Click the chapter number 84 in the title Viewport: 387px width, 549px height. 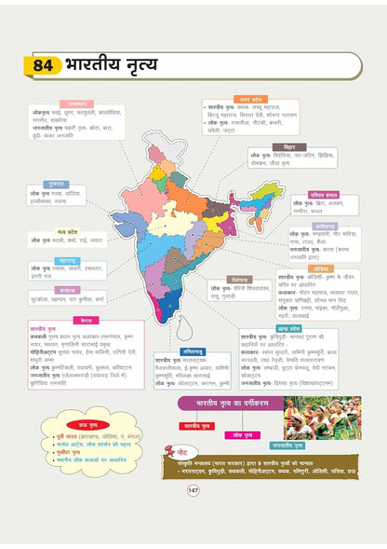pyautogui.click(x=44, y=66)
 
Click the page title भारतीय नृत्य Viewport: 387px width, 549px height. pyautogui.click(x=112, y=66)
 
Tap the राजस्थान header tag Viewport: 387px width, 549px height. pyautogui.click(x=75, y=103)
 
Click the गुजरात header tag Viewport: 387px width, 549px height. pyautogui.click(x=56, y=185)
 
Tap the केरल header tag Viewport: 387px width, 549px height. pyautogui.click(x=89, y=319)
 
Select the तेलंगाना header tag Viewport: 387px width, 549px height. pyautogui.click(x=240, y=279)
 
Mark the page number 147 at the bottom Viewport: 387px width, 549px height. pyautogui.click(x=193, y=515)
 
